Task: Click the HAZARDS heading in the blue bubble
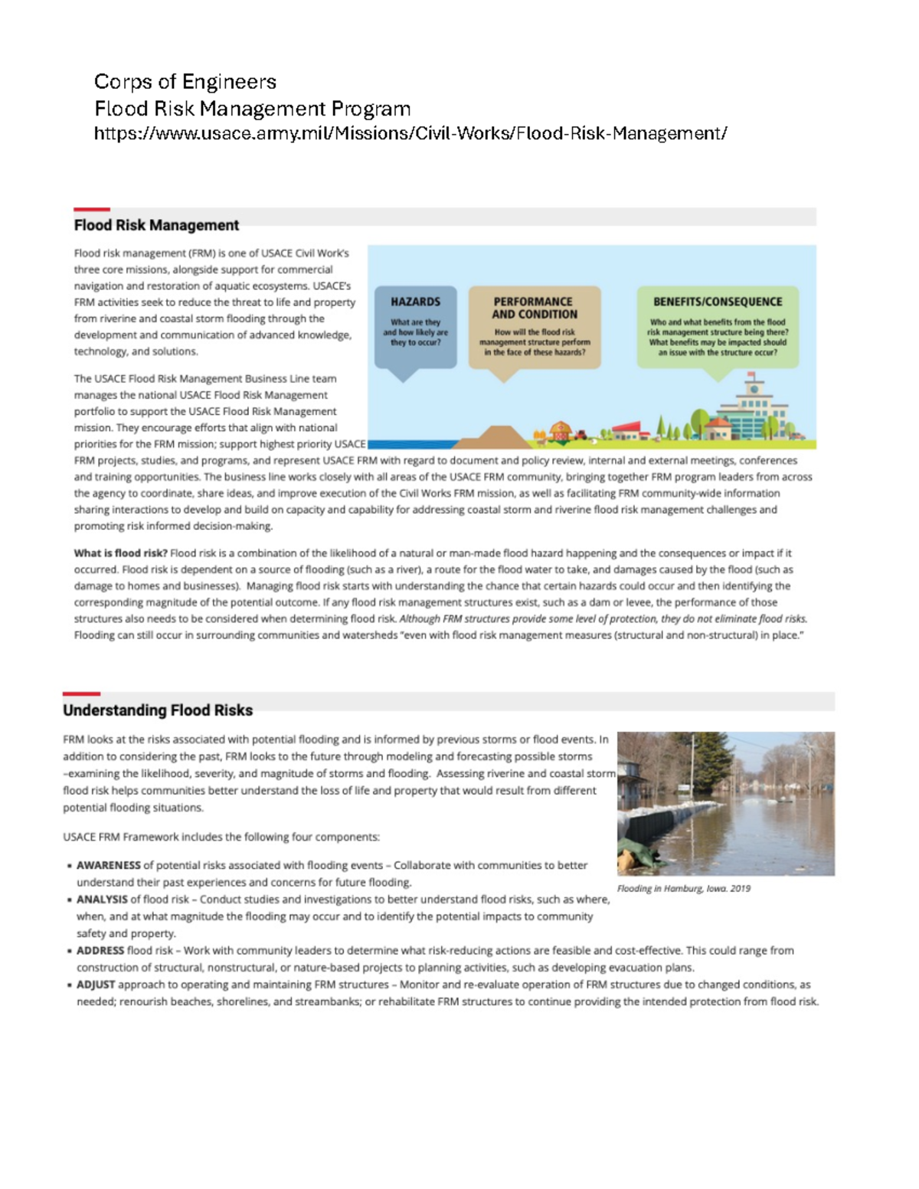(416, 302)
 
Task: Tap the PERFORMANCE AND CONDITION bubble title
(534, 308)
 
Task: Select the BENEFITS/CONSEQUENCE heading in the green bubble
(718, 302)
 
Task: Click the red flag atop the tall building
(752, 375)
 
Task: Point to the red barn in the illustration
(561, 431)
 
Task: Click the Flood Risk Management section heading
(156, 225)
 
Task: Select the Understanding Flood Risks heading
(158, 710)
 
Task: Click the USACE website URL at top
(410, 134)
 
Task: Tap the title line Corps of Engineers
(185, 82)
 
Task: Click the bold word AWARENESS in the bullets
(109, 865)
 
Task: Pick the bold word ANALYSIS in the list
(102, 900)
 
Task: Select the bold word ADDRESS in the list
(100, 950)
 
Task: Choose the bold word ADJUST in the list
(96, 985)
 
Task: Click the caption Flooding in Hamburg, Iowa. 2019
(684, 889)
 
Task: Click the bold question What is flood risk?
(120, 553)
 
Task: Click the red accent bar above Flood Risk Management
(92, 209)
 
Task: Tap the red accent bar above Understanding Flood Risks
(81, 694)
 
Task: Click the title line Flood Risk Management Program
(252, 109)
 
